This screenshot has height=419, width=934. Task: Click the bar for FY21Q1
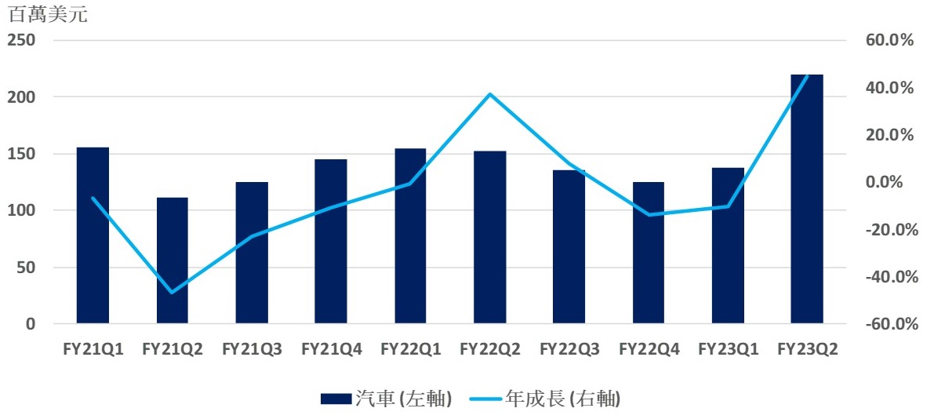click(93, 235)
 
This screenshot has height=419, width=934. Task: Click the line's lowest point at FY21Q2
click(172, 293)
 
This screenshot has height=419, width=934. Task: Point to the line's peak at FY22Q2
click(489, 94)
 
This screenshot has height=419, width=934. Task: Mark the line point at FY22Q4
click(649, 214)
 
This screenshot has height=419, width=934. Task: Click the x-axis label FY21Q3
click(252, 348)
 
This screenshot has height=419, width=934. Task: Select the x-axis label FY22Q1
click(410, 348)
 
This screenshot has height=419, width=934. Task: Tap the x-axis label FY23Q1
click(728, 348)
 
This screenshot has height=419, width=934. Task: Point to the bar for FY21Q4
click(330, 242)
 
